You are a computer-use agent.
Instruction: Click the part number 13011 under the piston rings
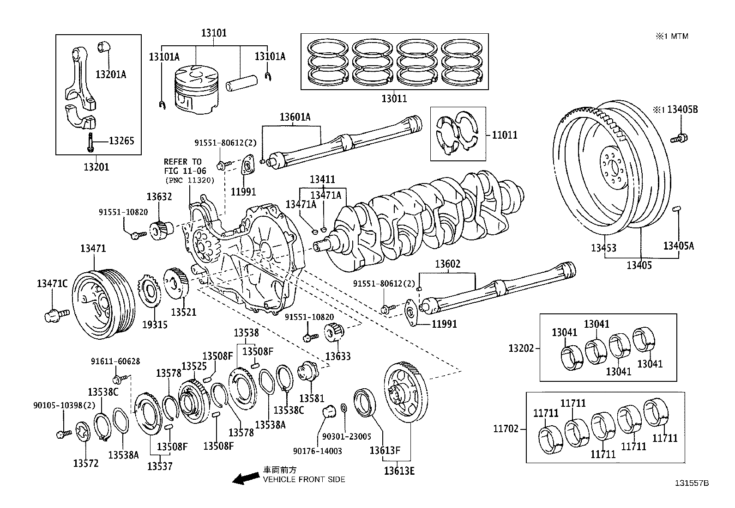[394, 98]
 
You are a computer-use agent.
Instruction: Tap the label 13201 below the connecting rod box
[96, 166]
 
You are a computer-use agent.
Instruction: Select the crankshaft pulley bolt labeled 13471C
[55, 316]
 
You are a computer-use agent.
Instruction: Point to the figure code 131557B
[692, 483]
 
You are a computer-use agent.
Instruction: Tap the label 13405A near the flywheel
[678, 246]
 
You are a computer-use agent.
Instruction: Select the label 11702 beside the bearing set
[506, 429]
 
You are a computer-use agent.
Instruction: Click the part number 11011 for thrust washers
[505, 135]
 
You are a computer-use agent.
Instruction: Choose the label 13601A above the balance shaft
[295, 117]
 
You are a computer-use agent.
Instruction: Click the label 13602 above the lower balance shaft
[447, 264]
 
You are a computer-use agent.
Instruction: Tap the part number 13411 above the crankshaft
[322, 179]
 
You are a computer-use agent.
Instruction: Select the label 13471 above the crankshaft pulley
[93, 248]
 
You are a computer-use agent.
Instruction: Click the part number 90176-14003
[318, 451]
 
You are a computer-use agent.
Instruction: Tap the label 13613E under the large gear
[399, 471]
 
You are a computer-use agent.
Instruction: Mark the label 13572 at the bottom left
[86, 463]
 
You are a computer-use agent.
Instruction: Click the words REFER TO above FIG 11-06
[183, 162]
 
